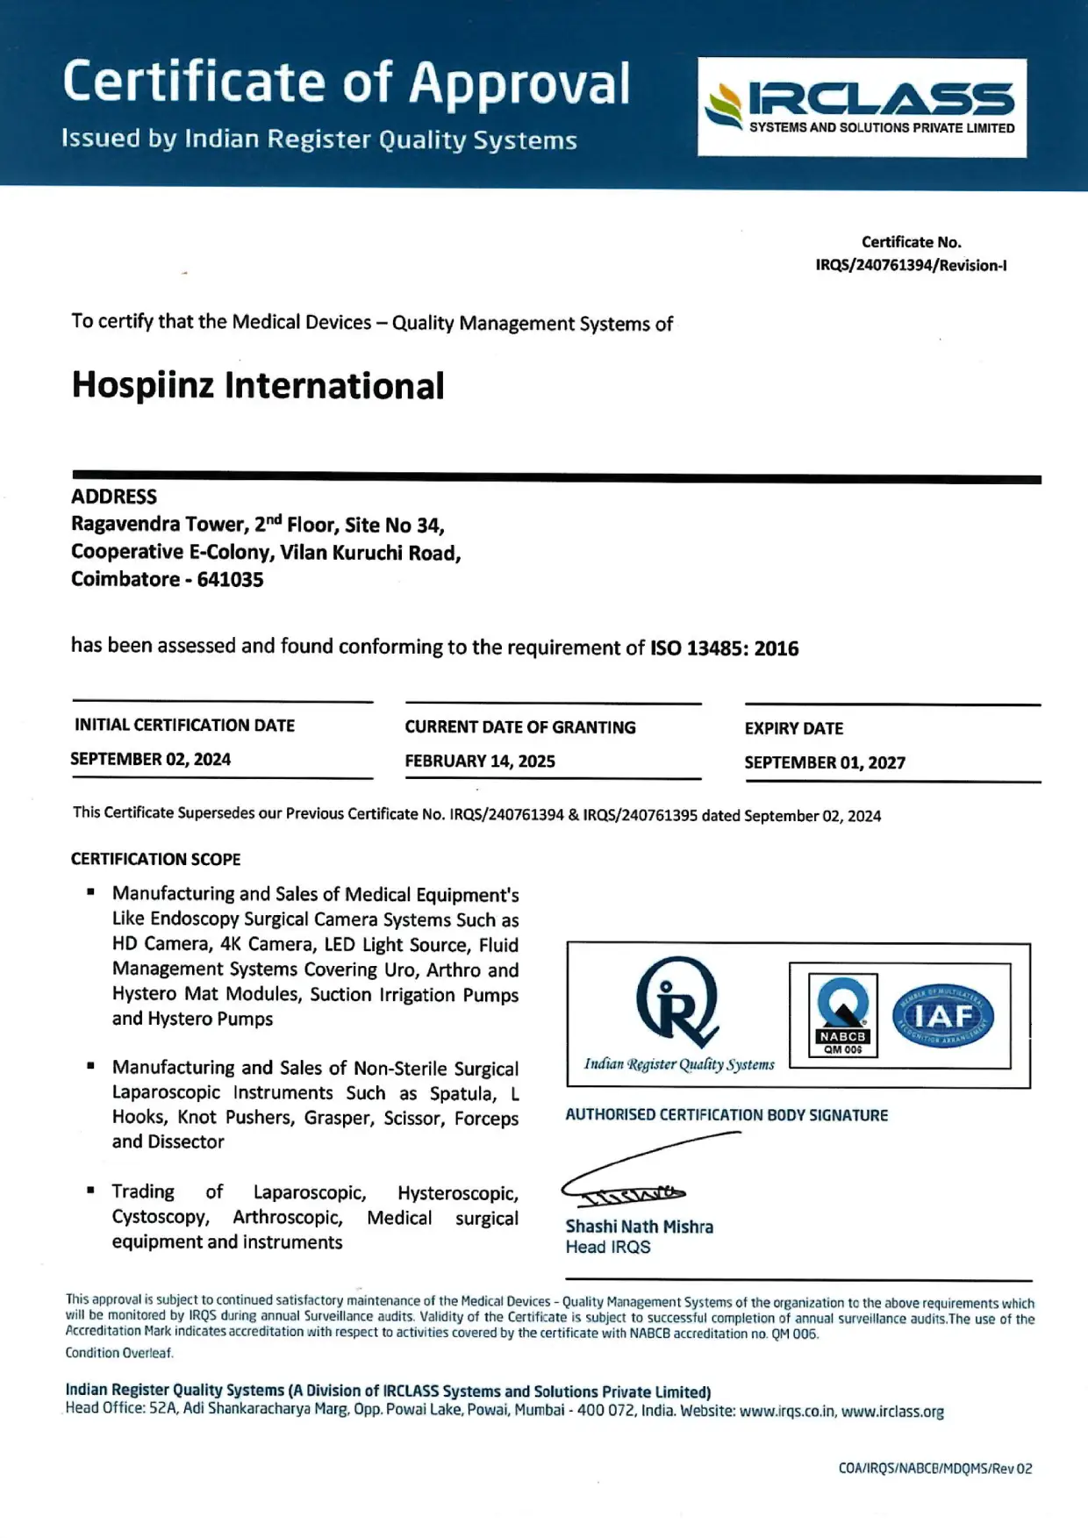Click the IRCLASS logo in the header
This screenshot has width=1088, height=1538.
[862, 107]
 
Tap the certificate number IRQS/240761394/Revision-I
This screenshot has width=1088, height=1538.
[911, 265]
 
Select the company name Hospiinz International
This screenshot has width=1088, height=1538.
[258, 385]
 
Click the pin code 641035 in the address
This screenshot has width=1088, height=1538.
[230, 579]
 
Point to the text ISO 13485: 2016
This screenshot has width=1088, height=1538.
[724, 648]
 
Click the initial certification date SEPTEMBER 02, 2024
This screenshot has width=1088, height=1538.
[151, 759]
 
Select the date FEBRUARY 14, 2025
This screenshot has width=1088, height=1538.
[480, 761]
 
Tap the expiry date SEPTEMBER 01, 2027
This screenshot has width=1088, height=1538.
[825, 762]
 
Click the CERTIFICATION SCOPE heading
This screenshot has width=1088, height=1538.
[155, 859]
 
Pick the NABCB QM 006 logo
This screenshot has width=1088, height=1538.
[842, 1014]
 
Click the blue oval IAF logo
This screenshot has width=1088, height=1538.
[942, 1016]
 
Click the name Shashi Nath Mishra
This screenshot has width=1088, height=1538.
[639, 1227]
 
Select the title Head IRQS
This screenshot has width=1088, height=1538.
[608, 1248]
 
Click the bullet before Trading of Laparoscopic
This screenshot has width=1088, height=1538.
[91, 1191]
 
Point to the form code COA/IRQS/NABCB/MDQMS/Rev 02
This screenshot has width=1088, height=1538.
[934, 1468]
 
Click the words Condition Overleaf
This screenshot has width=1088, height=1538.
[119, 1353]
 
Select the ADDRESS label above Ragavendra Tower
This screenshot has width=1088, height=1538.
[114, 497]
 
